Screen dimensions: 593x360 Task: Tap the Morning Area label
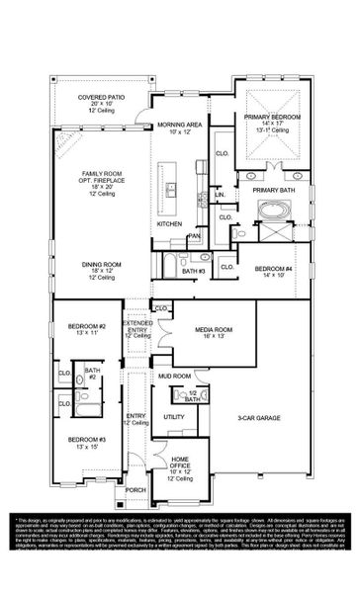[179, 126]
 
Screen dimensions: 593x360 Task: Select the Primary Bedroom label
[265, 117]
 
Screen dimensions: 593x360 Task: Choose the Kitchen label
[169, 223]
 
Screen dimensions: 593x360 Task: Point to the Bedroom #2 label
[86, 326]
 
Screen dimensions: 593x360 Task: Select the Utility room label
[174, 418]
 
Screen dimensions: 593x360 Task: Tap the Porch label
[135, 489]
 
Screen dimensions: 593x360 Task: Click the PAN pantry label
[195, 236]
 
